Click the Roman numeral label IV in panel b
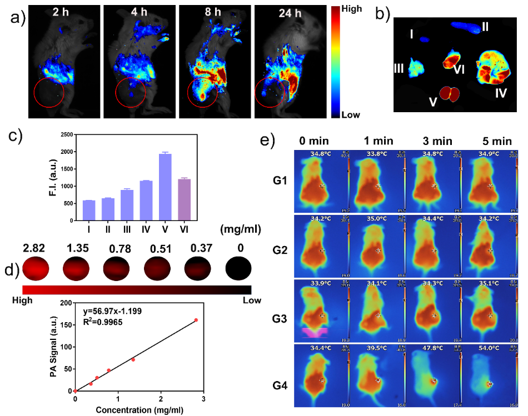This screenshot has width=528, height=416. point(501,93)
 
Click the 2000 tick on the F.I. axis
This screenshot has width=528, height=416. point(66,152)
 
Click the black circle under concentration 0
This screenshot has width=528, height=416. point(240,268)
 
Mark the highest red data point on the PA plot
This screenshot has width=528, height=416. point(196,320)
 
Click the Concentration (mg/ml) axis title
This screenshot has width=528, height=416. point(138,410)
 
